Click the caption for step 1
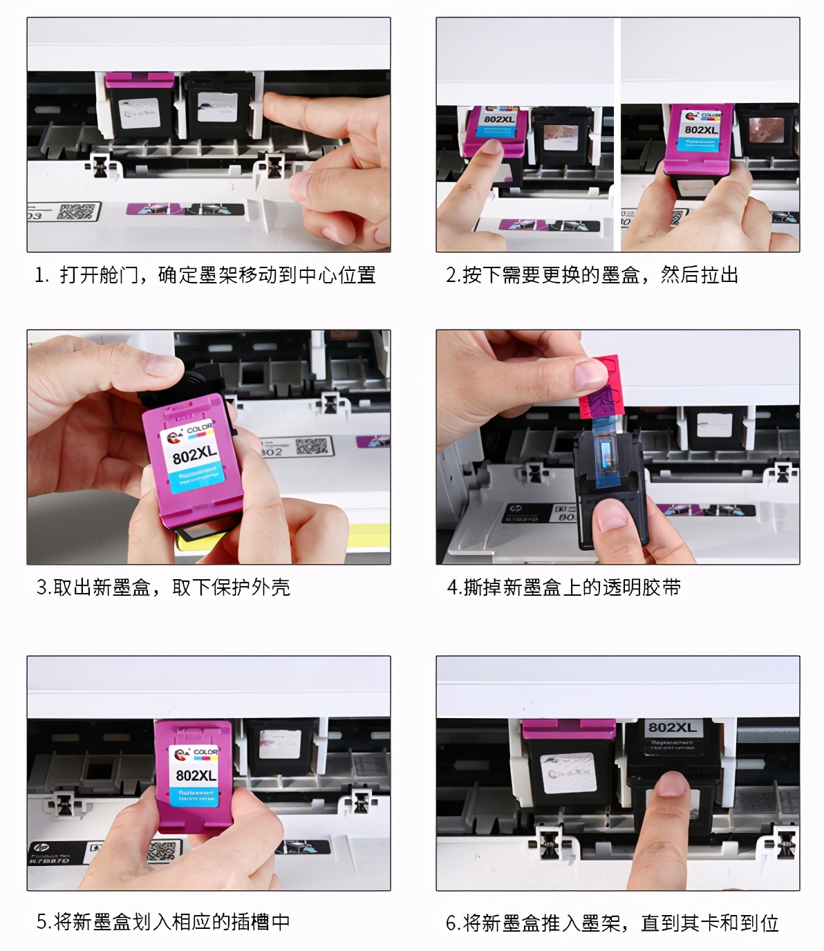click(205, 275)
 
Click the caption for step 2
click(592, 275)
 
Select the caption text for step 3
click(163, 587)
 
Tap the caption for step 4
click(563, 587)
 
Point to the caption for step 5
click(163, 922)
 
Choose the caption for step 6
click(612, 923)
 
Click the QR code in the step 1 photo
click(76, 211)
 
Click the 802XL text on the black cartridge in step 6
click(672, 728)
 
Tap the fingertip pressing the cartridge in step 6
click(670, 788)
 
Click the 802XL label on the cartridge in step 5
click(196, 775)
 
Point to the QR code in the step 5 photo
click(163, 851)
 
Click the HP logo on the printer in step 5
click(41, 848)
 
